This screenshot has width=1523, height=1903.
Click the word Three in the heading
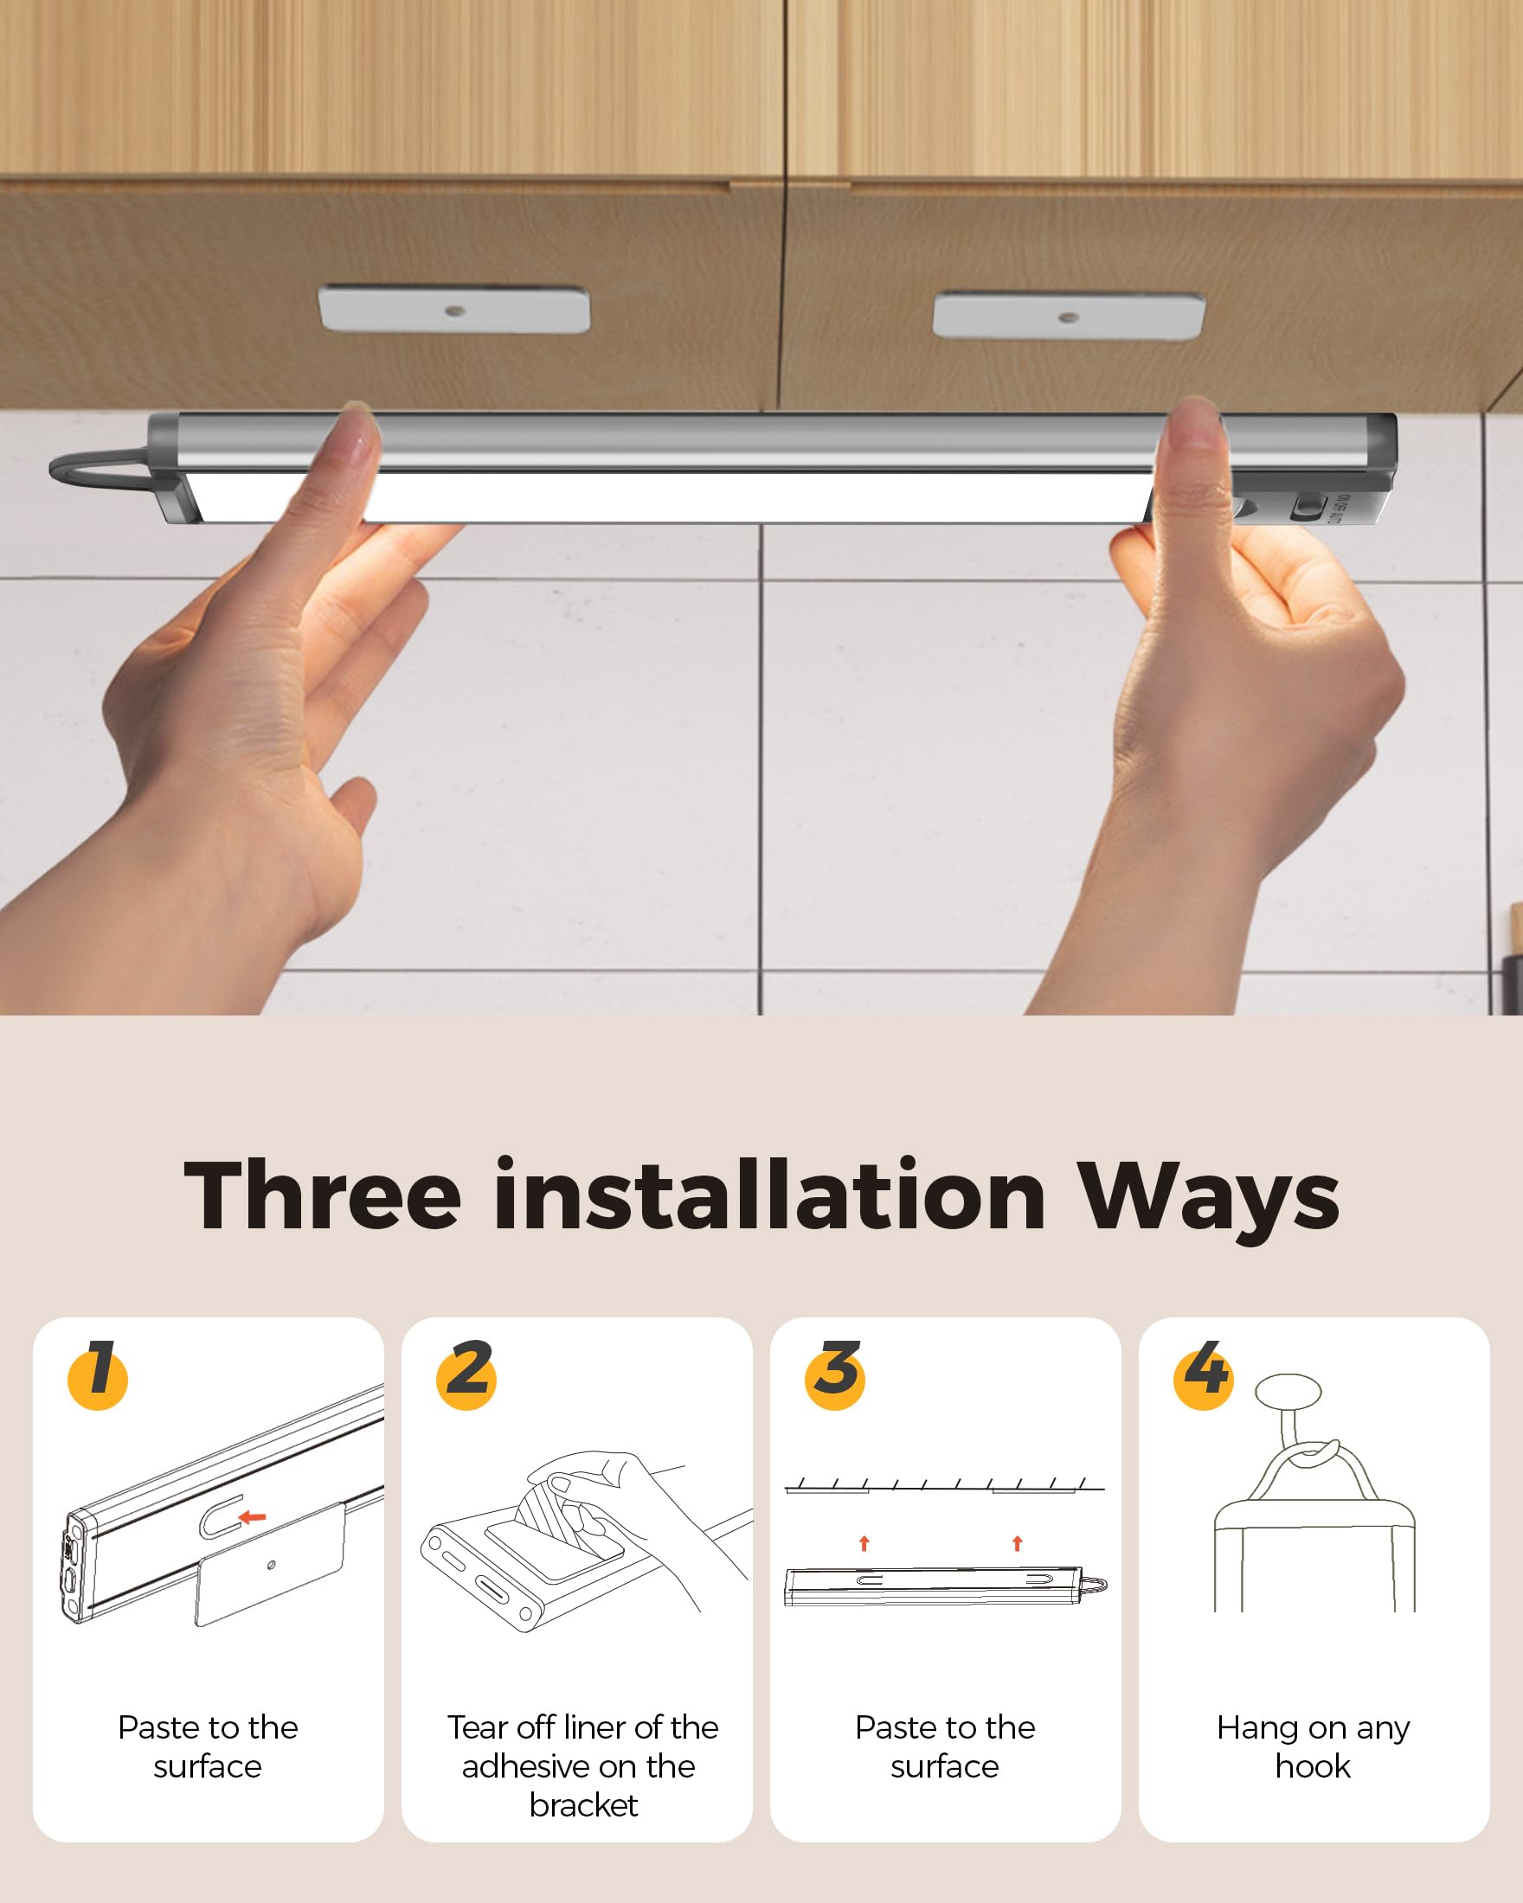point(322,1196)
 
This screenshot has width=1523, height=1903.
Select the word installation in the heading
point(770,1196)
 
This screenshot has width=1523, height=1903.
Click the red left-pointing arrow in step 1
point(253,1517)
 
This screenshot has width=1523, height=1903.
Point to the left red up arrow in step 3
point(864,1543)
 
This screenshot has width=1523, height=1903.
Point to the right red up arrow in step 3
point(1017,1543)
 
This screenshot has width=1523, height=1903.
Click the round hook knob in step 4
point(1289,1392)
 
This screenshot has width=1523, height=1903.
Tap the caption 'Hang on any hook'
point(1313,1746)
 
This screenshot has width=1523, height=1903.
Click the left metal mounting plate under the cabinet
point(453,309)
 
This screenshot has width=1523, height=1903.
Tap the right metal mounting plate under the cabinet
point(1069,316)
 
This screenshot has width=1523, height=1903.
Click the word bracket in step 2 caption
point(582,1805)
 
